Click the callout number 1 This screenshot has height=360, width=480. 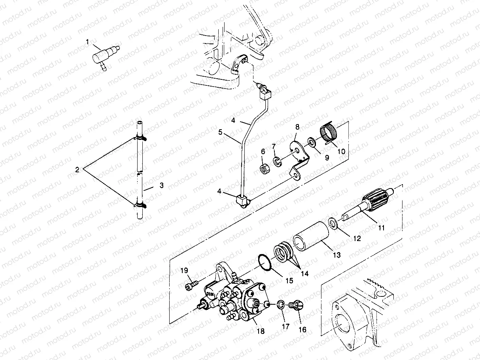(88, 41)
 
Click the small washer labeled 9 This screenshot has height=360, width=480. (312, 141)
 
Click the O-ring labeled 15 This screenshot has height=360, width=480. (265, 262)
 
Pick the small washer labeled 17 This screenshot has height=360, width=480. (280, 305)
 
